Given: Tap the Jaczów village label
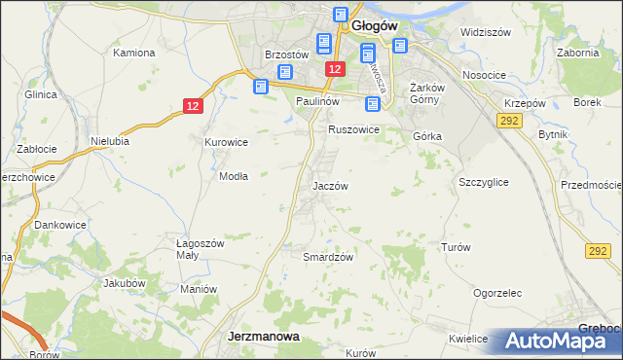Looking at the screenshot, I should coord(330,185).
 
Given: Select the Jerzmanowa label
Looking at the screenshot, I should coord(263,335).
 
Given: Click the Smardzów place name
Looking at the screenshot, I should coord(327,257).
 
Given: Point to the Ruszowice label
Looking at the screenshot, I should coord(352,128).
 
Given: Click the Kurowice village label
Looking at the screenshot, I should coord(226,142).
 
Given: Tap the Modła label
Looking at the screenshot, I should coord(234,176).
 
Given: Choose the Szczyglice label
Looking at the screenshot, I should coord(483,182).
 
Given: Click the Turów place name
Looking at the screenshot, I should coord(456,247).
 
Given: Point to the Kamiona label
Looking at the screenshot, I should coord(135,52).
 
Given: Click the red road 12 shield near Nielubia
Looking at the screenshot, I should coord(193,105).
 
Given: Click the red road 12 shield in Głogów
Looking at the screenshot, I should coord(335,69).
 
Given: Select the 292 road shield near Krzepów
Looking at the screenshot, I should coord(507,120).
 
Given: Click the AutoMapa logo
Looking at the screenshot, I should coord(560,342).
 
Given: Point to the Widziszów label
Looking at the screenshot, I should coord(486,32).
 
